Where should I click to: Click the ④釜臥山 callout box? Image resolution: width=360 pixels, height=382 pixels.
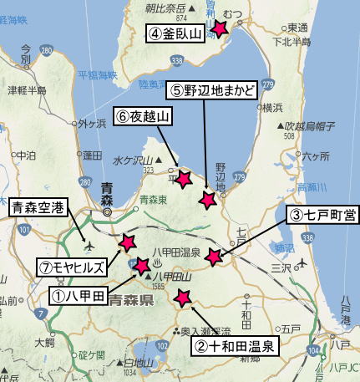[175, 34]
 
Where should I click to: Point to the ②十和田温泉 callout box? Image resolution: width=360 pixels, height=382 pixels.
[235, 343]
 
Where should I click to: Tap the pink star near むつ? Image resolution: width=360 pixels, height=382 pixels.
[220, 28]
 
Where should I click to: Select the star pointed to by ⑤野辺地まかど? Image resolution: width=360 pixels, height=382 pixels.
[208, 200]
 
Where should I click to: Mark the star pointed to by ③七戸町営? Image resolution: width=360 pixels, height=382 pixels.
[214, 257]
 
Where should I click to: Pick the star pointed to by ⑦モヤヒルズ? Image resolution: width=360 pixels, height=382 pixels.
[127, 242]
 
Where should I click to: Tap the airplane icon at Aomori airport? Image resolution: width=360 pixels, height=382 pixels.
[89, 247]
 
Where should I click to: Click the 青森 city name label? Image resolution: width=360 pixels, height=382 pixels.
[111, 187]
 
